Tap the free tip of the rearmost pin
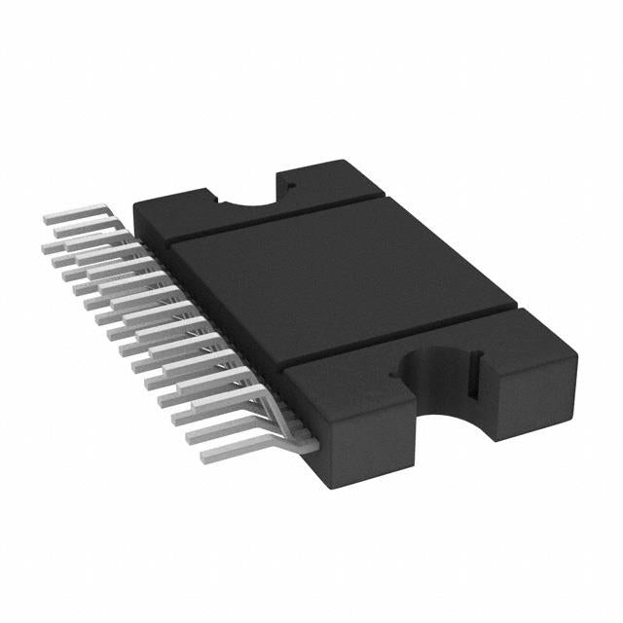click(x=49, y=221)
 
